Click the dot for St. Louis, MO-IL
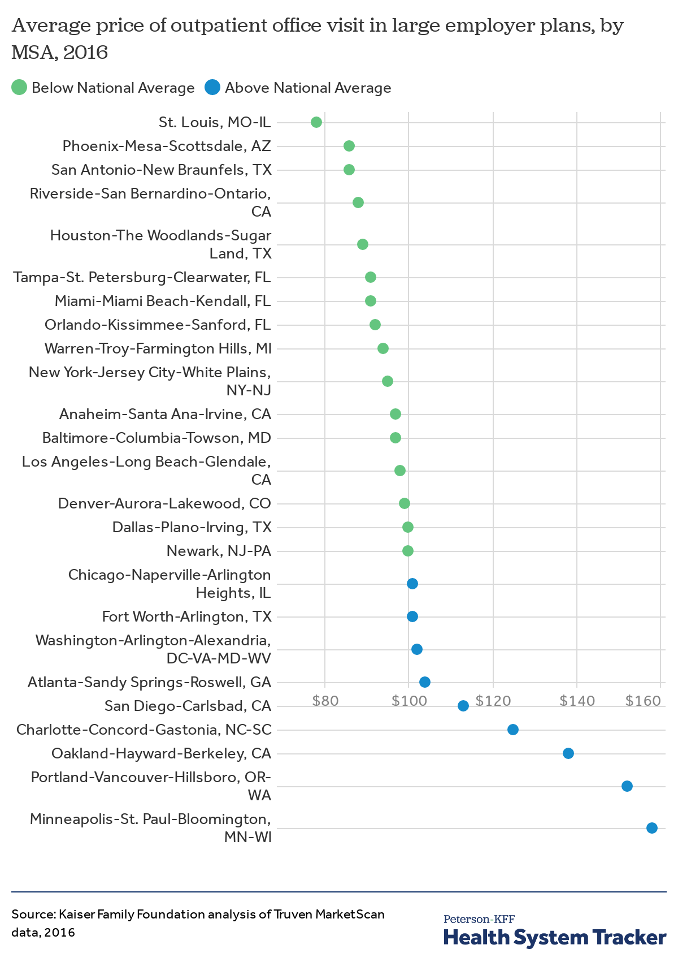[316, 122]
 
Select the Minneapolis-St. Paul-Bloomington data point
[651, 827]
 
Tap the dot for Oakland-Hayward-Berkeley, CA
[568, 753]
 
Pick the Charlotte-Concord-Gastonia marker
[512, 729]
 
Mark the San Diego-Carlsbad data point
[463, 705]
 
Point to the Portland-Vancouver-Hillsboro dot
[627, 786]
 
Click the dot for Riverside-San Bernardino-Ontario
[358, 202]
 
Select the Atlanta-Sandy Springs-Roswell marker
[425, 682]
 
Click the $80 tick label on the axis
[325, 700]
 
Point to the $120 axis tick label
[493, 700]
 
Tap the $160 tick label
[643, 700]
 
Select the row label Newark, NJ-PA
[219, 551]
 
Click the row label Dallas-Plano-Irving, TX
[192, 527]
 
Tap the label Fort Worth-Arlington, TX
[187, 616]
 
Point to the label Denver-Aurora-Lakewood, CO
[164, 503]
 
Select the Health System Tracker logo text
[555, 937]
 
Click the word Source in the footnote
[33, 914]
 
